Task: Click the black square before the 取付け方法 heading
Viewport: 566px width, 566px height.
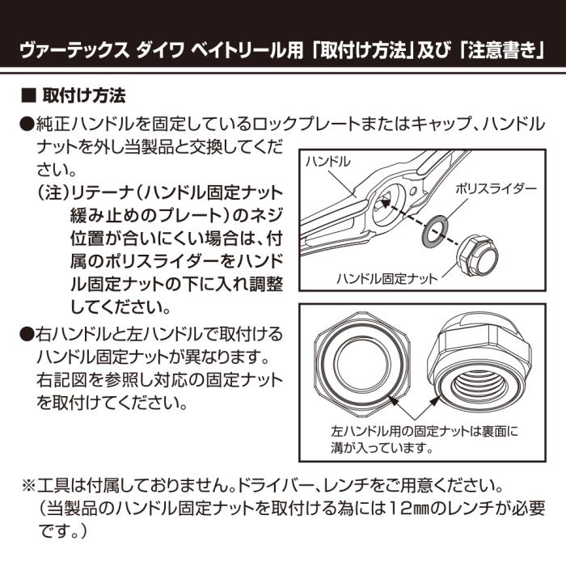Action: point(26,96)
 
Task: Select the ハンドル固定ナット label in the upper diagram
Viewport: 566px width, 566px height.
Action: point(387,278)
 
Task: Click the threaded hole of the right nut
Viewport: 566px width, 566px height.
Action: point(483,378)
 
